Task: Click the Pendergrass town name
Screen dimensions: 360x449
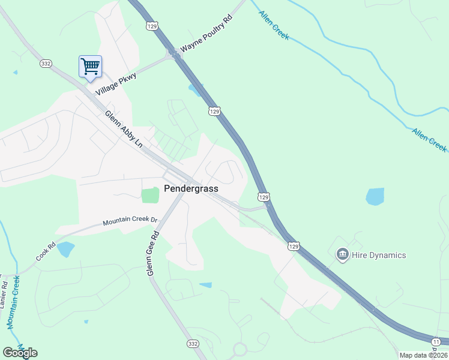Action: click(x=191, y=188)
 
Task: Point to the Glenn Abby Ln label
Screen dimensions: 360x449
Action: click(x=124, y=130)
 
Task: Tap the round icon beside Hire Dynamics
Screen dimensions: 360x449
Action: click(x=343, y=255)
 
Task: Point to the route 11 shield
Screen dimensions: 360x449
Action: click(x=435, y=340)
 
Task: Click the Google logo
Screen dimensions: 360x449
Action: click(x=20, y=353)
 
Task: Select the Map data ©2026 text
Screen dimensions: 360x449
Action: click(x=424, y=355)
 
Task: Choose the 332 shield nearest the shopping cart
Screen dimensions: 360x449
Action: click(x=46, y=63)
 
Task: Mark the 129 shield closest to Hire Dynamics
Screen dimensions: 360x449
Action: click(x=293, y=246)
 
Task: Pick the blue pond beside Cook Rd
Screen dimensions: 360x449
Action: click(x=65, y=249)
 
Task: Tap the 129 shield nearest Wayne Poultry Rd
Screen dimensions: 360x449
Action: click(x=152, y=26)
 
